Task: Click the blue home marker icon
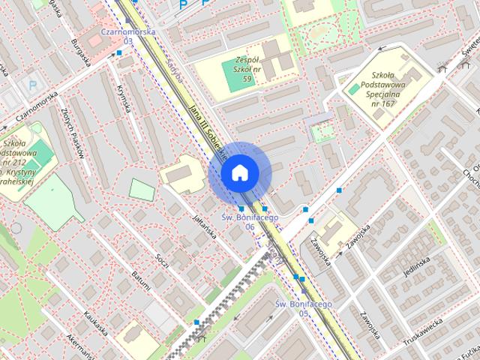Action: point(239,172)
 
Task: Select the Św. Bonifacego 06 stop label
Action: point(250,221)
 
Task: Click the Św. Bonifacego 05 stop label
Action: point(303,307)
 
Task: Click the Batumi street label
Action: point(140,282)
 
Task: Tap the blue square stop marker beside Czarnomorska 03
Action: point(119,52)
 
